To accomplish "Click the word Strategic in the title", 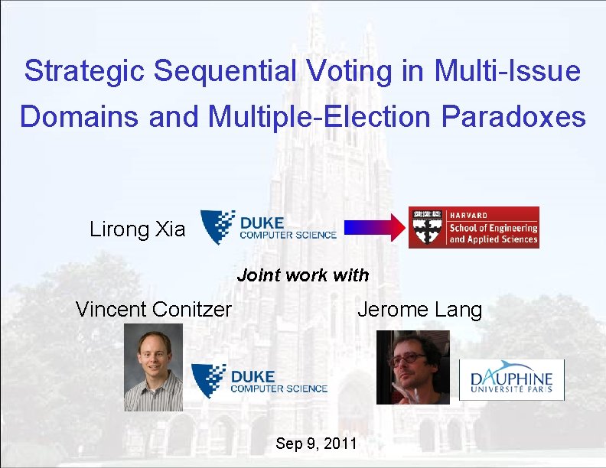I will tap(85, 71).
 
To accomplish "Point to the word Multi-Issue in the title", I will tap(507, 71).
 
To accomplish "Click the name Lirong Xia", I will tap(137, 229).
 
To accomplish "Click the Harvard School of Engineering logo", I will tap(473, 227).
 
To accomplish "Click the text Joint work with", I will tap(303, 275).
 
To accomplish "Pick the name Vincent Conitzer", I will tap(153, 310).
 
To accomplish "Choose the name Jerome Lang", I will tap(419, 310).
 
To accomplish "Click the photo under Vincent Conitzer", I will tap(154, 367).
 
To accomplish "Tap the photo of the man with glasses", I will tap(412, 366).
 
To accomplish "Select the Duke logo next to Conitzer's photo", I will tap(259, 381).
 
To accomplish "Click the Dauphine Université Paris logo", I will tap(511, 379).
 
